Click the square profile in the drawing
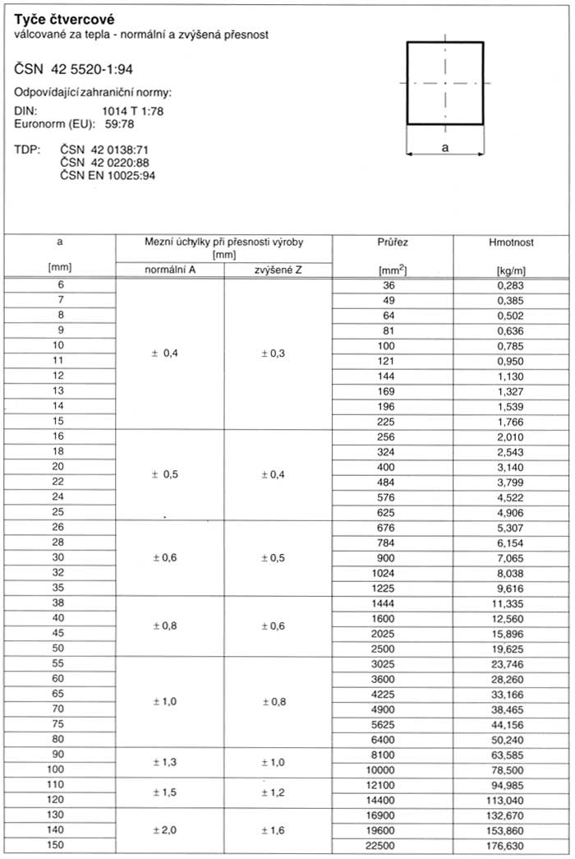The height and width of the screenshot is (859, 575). (x=445, y=82)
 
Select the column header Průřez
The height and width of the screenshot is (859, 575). (x=392, y=242)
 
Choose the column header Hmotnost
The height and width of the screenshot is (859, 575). (x=511, y=242)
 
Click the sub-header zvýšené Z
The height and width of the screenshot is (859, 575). (x=278, y=270)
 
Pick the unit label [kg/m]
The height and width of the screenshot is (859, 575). (x=511, y=270)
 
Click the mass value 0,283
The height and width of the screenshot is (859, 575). (x=511, y=285)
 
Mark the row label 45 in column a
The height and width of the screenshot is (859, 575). (x=58, y=633)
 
